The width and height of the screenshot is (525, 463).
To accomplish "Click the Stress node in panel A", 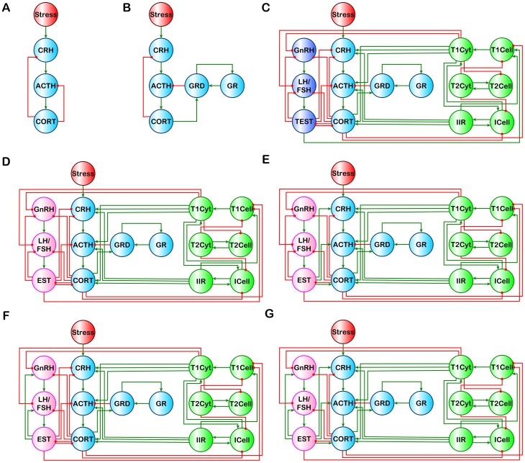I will coord(47,15).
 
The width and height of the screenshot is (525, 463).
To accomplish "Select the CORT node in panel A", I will coord(47,122).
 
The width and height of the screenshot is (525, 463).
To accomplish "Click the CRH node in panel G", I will coord(345,367).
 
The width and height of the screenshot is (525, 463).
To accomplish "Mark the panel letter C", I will coord(267,9).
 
